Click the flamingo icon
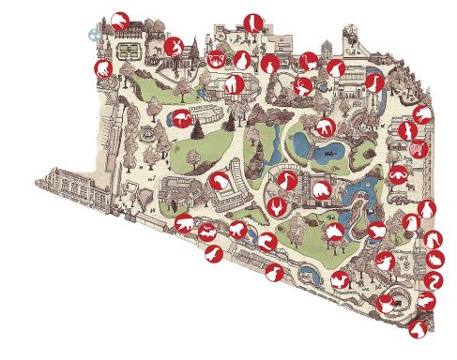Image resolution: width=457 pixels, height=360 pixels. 181,117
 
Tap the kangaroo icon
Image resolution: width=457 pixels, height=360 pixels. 173,46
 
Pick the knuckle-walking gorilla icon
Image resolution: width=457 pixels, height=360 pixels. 234,84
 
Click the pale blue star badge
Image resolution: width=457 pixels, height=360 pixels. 94,34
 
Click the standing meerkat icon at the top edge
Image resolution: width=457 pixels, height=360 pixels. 251,22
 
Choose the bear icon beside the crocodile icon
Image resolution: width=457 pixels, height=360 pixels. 184,224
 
